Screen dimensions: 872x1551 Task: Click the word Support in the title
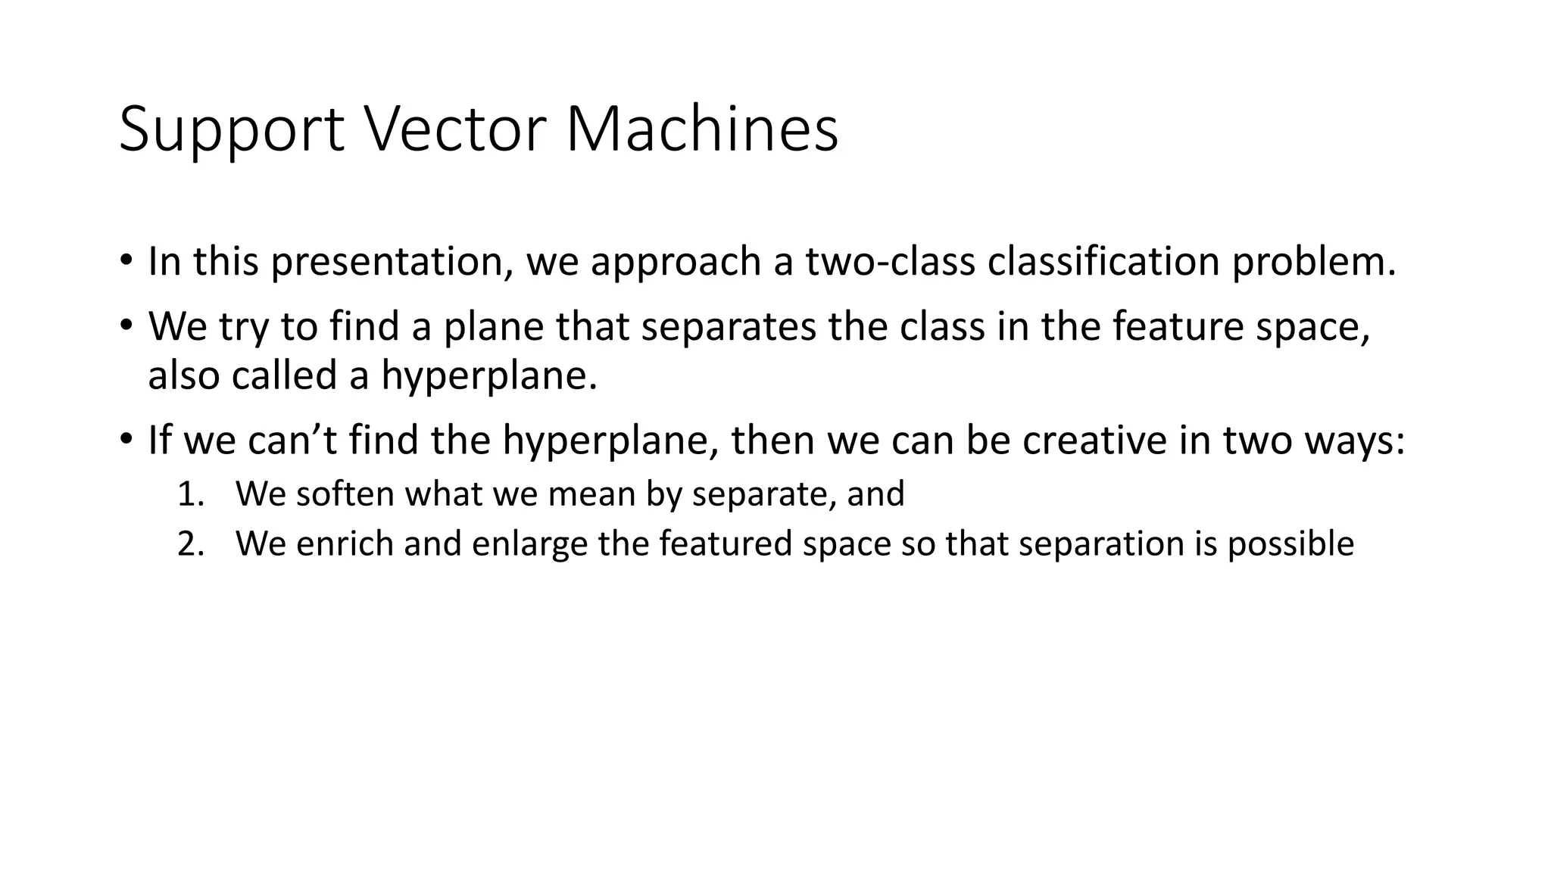point(232,130)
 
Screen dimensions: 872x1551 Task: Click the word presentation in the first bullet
point(389,262)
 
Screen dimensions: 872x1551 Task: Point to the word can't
point(292,441)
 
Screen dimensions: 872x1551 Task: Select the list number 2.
point(190,544)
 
